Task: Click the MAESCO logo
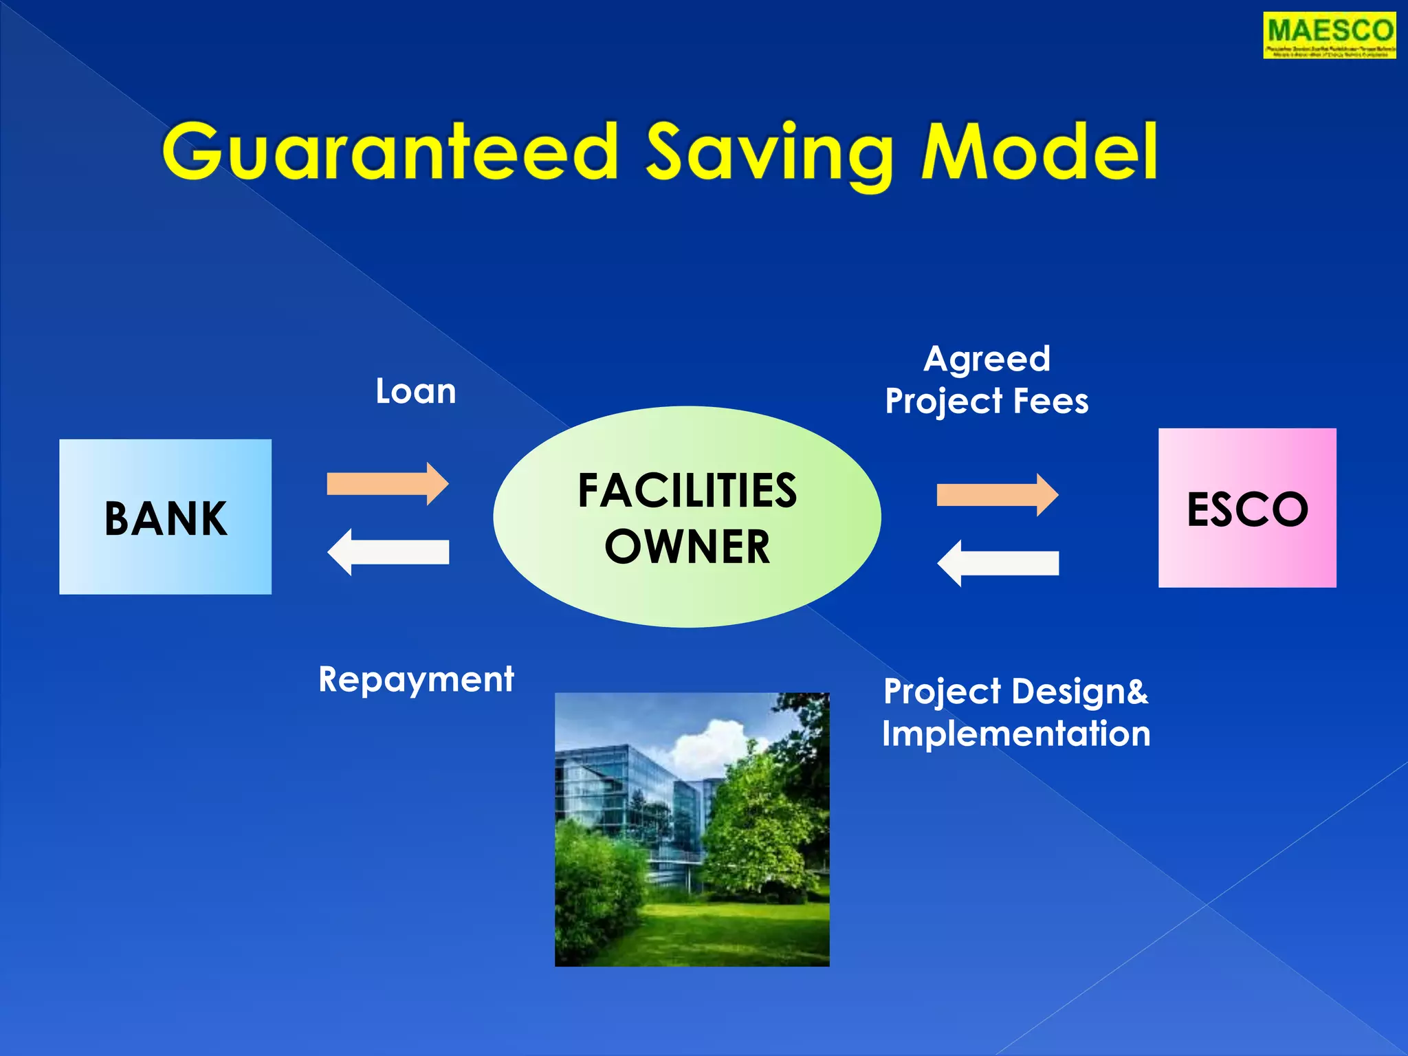[1329, 35]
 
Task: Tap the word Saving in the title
[769, 154]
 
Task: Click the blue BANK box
[165, 516]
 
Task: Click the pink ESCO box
[1246, 508]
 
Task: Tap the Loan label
[415, 391]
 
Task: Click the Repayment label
[416, 680]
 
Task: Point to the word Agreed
[987, 359]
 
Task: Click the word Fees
[1051, 401]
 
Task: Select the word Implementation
[1015, 734]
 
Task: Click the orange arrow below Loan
[388, 484]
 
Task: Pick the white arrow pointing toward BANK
[388, 552]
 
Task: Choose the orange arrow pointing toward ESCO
[997, 495]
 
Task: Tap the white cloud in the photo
[712, 742]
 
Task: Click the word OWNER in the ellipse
[687, 547]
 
